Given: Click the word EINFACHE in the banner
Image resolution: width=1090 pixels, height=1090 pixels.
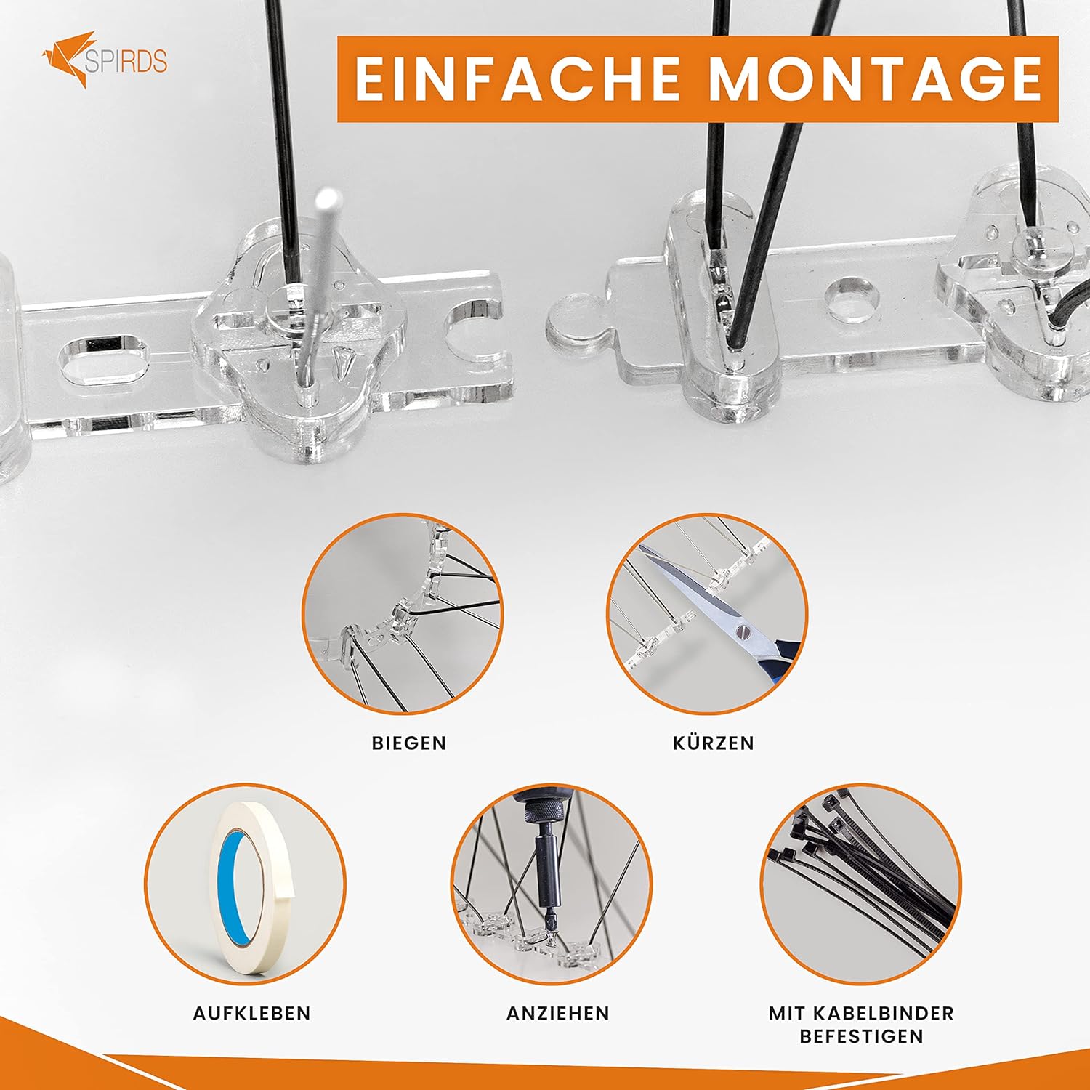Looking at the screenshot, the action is point(517,78).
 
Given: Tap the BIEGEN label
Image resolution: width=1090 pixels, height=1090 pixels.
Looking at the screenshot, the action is point(409,743).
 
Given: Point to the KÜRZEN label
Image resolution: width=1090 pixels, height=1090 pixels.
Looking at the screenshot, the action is point(714,743).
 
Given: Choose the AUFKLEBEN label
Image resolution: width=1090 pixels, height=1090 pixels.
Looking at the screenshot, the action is point(252,1013).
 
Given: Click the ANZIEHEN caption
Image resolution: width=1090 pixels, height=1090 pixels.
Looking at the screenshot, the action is point(558,1013).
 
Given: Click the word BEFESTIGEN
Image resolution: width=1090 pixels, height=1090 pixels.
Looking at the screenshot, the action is point(862,1036).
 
